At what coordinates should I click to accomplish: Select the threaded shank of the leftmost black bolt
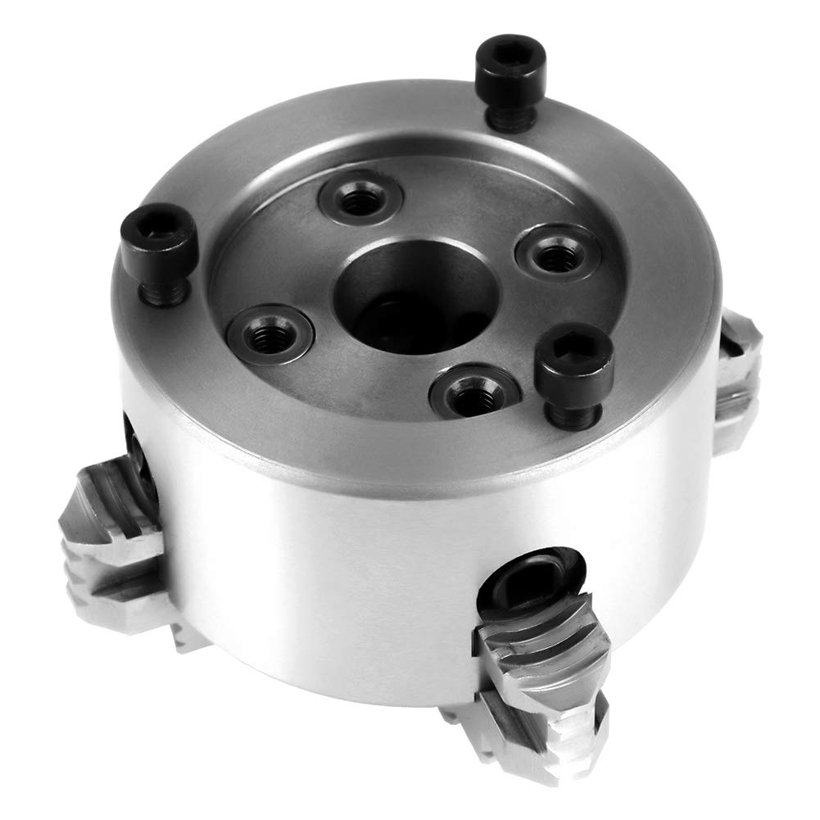pyautogui.click(x=165, y=290)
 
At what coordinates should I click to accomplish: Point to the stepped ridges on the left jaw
pyautogui.click(x=98, y=565)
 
